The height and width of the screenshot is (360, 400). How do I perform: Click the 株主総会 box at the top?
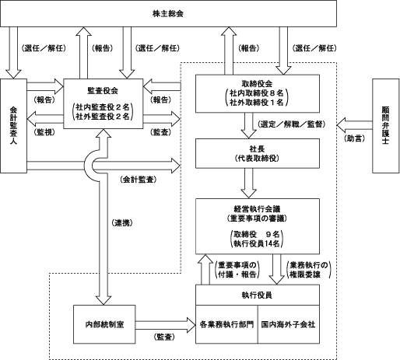168,13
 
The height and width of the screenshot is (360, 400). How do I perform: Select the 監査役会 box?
104,103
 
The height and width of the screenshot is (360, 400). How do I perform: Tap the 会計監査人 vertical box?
13,126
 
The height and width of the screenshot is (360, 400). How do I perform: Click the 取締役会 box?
258,93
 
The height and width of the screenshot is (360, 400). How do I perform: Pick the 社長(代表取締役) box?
258,153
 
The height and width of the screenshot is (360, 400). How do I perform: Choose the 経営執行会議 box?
258,226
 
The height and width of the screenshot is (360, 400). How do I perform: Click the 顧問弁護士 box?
386,126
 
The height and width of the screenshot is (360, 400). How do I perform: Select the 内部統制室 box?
104,324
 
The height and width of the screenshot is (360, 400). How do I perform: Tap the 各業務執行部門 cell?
226,324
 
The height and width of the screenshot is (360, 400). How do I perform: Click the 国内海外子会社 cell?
289,324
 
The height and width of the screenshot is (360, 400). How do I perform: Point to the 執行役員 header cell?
258,295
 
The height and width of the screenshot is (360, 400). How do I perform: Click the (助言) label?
354,138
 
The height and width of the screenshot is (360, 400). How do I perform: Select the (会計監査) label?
139,180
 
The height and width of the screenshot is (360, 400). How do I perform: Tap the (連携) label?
122,222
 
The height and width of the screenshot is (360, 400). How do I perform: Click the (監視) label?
44,132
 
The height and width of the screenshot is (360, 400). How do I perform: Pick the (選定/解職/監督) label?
291,124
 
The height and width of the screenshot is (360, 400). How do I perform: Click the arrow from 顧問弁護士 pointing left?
355,125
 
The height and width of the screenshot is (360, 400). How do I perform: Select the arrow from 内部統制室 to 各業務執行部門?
165,325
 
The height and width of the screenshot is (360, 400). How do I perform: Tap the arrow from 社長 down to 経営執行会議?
249,183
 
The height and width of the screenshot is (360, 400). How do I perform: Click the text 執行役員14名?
257,243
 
